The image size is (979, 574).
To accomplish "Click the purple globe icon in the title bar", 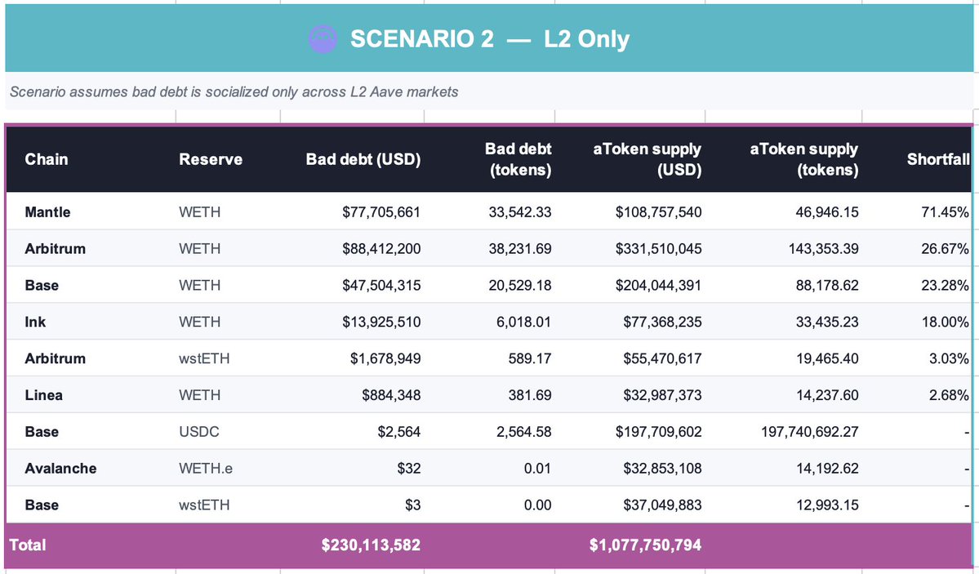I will [323, 38].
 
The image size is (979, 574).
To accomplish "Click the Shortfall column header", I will [937, 159].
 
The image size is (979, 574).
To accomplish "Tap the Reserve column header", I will [211, 159].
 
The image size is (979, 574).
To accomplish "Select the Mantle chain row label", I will [48, 212].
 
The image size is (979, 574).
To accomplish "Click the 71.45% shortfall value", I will [945, 212].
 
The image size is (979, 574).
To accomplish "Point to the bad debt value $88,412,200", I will [381, 249].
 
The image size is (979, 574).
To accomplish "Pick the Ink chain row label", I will [35, 322].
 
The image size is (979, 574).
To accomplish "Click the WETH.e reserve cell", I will [207, 469].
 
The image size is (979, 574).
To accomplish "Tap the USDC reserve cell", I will [198, 432].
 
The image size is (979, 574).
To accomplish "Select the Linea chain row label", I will [44, 395].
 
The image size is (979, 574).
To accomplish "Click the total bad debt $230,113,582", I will [371, 545].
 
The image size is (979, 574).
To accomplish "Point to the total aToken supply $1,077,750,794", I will [645, 545].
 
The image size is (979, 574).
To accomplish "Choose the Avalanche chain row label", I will [60, 469].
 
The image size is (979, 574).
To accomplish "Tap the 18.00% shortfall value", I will [945, 322].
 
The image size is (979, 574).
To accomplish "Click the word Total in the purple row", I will [28, 545].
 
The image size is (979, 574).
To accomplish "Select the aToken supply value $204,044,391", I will [658, 286].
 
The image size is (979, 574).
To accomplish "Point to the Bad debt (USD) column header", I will [363, 159].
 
